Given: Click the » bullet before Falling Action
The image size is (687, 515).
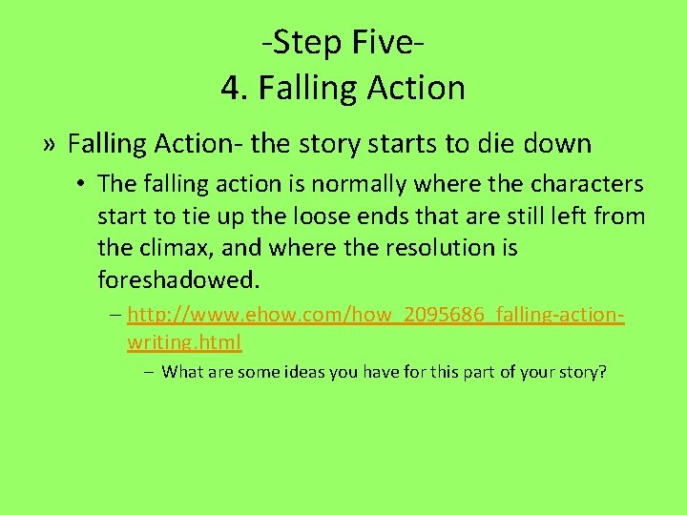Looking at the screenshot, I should pyautogui.click(x=50, y=145).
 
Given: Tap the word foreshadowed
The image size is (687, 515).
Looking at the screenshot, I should pyautogui.click(x=177, y=281).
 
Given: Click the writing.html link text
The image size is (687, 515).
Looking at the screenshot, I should pyautogui.click(x=184, y=341).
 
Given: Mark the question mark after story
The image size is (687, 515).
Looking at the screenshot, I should pyautogui.click(x=602, y=372).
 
